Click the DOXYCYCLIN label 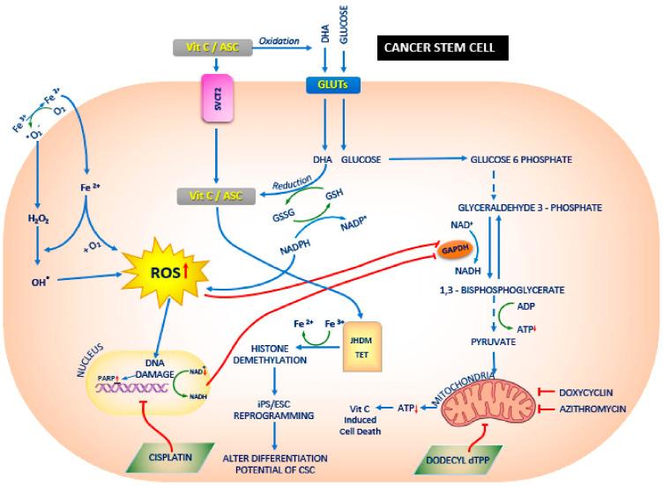click(604, 391)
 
